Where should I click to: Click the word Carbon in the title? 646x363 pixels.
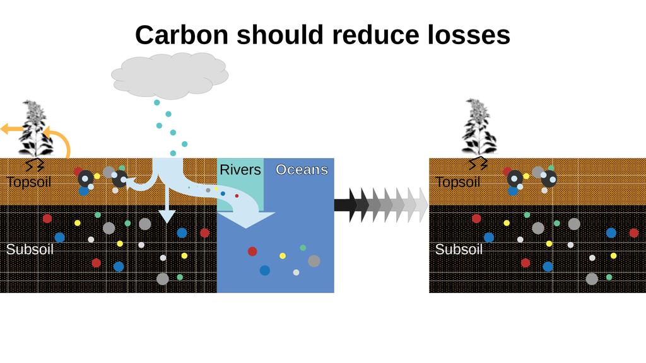[181, 35]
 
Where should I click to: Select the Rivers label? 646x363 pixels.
[240, 170]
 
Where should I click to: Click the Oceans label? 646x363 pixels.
[302, 170]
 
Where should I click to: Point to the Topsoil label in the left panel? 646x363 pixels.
[28, 183]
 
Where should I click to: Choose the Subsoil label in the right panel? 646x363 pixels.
[459, 250]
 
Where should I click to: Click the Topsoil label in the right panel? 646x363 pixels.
[457, 183]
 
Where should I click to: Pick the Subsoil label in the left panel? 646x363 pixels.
[30, 250]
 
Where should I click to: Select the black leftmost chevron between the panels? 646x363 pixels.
[344, 205]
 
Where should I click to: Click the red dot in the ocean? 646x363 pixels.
[252, 251]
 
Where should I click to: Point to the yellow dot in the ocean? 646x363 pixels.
[283, 256]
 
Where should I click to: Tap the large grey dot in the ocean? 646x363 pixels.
[314, 261]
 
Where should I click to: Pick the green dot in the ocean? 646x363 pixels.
[303, 248]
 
